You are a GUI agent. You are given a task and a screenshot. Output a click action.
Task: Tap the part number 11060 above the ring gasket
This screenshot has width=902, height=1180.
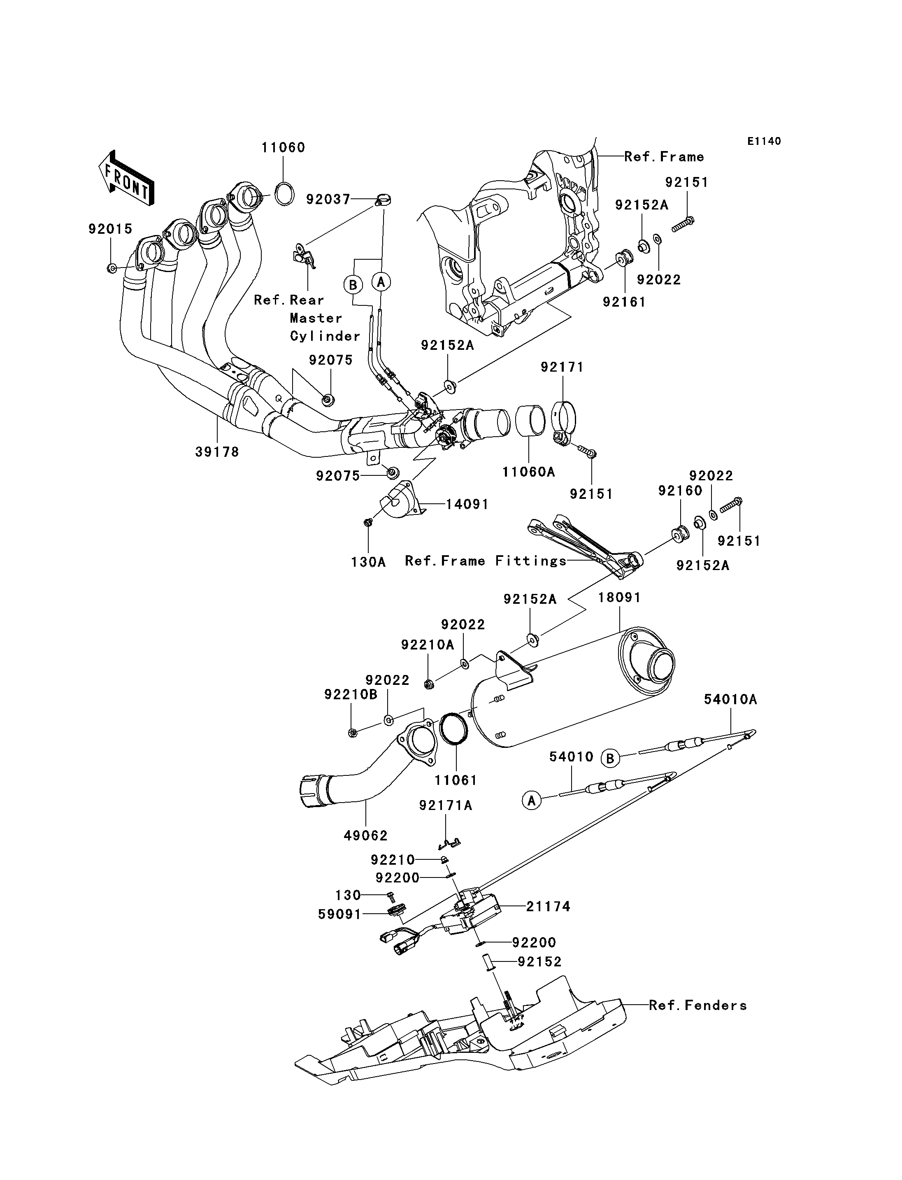pos(283,148)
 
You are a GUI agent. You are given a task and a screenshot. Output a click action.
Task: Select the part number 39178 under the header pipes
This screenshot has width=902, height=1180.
pos(217,452)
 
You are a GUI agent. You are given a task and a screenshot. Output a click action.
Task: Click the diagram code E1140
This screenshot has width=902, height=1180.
pos(764,141)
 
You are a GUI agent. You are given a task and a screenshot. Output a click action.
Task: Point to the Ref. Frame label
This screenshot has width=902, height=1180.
pos(664,157)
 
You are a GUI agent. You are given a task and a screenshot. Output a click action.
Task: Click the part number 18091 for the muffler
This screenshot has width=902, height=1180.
pos(620,598)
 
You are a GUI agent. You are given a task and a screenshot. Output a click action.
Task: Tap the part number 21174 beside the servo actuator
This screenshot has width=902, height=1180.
pos(548,907)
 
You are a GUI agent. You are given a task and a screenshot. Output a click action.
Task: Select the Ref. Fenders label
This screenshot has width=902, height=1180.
pos(697,1005)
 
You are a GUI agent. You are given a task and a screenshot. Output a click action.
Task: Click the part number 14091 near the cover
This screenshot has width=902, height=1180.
pos(467,504)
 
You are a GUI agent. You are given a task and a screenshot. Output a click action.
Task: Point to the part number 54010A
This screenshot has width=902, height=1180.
pos(730,699)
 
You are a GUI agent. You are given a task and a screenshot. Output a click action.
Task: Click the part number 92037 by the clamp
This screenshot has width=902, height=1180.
pos(328,200)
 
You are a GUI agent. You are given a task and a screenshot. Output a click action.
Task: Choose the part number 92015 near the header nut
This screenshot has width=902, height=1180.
pos(110,229)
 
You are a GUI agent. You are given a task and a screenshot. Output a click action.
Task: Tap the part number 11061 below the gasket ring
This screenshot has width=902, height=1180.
pos(456,780)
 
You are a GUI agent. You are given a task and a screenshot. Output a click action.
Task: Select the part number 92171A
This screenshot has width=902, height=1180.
pos(446,805)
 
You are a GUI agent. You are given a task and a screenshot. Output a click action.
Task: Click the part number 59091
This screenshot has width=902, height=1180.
pos(339,914)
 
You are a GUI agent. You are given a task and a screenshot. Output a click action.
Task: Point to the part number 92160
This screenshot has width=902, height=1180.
pos(680,491)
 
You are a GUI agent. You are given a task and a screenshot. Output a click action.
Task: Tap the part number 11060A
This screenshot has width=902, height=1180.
pos(528,472)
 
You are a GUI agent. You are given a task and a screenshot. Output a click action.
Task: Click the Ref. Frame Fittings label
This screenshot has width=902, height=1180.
pos(486,561)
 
